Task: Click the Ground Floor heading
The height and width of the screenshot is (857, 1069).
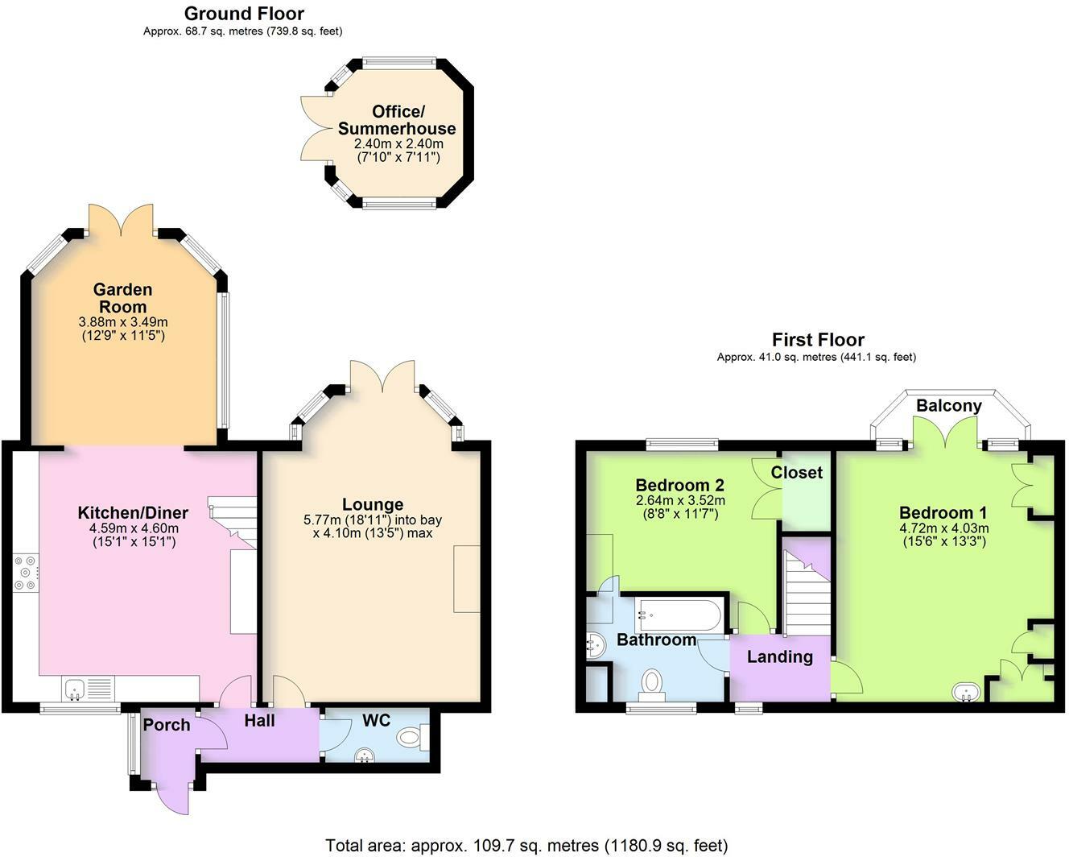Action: point(244,14)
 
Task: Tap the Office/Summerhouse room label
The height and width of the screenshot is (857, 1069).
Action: point(397,120)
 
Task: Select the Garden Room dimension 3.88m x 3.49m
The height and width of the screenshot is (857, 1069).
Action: point(123,322)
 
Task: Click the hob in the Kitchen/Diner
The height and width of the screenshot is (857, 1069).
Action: point(26,573)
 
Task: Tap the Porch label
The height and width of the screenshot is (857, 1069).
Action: point(167,725)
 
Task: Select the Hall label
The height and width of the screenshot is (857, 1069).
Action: point(259,721)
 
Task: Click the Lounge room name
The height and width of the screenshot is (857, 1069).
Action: point(373,504)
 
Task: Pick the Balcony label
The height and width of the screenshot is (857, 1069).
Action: point(949,406)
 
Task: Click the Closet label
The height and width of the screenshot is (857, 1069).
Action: point(797,472)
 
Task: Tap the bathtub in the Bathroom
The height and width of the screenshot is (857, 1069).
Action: point(679,615)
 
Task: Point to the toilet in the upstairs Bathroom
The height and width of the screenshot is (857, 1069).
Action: point(651,681)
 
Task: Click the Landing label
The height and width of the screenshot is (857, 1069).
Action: point(780,657)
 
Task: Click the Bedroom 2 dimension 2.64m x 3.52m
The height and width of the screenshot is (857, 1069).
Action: point(680,500)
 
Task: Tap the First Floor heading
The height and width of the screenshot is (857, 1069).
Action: point(818,340)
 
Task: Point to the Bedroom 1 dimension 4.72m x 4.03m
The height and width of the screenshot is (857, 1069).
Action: point(943,528)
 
